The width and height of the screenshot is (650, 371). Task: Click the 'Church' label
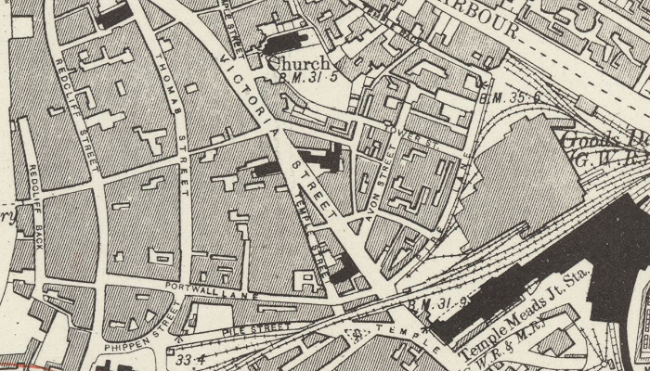[x=295, y=64]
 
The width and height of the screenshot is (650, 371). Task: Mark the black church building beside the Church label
[x=290, y=43]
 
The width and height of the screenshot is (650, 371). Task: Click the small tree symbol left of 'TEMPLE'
[x=354, y=335]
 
